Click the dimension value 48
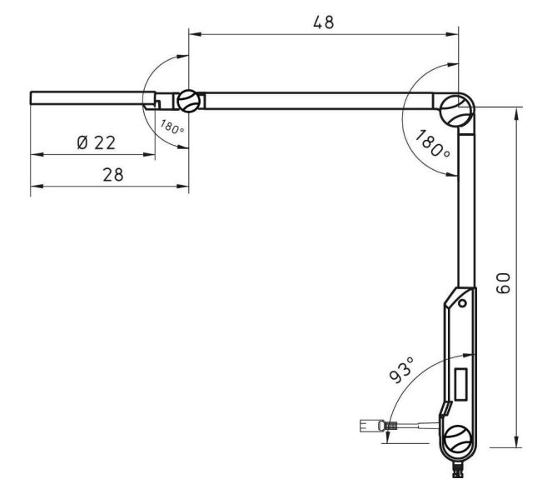pyautogui.click(x=323, y=22)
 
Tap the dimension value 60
pyautogui.click(x=503, y=283)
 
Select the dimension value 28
pyautogui.click(x=113, y=174)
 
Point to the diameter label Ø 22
pyautogui.click(x=97, y=142)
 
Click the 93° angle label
pyautogui.click(x=401, y=370)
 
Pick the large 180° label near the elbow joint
pyautogui.click(x=433, y=143)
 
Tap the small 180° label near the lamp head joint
pyautogui.click(x=172, y=127)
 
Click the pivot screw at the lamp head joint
pyautogui.click(x=189, y=101)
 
